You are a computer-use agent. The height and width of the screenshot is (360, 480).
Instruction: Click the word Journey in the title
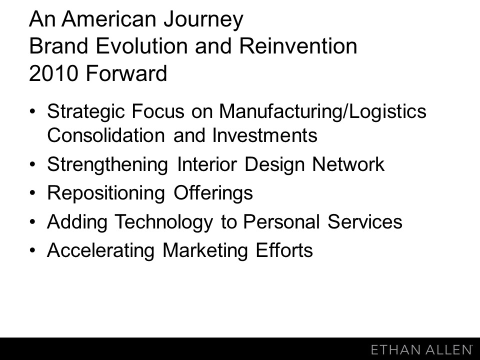203,20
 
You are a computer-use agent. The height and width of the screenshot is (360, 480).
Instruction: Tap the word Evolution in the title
141,46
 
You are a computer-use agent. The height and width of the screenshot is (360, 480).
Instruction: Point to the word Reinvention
298,46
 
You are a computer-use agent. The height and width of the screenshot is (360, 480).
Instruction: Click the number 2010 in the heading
53,73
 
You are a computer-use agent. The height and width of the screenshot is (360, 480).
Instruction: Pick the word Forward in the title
126,73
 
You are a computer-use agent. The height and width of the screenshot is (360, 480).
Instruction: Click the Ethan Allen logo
421,349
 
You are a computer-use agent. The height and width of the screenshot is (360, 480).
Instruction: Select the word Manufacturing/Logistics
322,112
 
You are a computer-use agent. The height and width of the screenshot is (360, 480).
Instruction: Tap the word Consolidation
106,135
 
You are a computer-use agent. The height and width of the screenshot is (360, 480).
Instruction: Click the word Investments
265,135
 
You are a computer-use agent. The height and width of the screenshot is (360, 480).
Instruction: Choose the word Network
348,164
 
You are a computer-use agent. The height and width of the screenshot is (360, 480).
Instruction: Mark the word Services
365,221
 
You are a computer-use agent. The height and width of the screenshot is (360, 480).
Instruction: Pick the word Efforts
284,250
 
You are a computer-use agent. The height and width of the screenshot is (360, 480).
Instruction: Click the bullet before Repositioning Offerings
33,193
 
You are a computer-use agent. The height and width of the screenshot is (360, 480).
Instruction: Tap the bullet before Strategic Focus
33,111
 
